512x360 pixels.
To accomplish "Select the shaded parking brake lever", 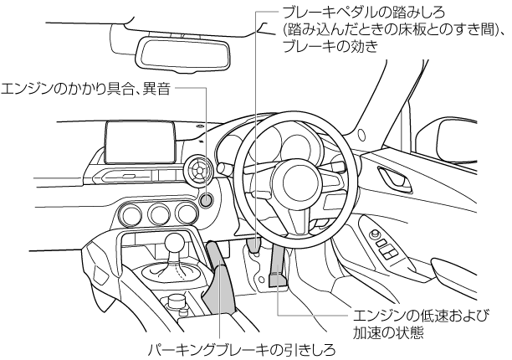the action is (218, 278).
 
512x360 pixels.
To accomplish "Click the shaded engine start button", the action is (207, 200).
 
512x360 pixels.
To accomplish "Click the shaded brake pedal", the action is (253, 245).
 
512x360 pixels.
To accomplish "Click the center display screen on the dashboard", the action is (141, 142).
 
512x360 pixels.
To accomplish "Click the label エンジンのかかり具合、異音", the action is (86, 88).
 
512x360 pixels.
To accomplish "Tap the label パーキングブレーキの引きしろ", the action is (242, 350).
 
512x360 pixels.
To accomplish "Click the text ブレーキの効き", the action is (330, 46).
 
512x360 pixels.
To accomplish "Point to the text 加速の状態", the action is (388, 332).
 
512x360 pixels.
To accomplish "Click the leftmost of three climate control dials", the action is (131, 214).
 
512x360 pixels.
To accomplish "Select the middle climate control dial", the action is (159, 214).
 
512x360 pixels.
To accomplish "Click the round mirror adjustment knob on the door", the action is (374, 234).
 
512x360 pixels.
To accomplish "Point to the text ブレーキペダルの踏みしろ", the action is (363, 13).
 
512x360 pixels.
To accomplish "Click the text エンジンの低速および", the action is (421, 316).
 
